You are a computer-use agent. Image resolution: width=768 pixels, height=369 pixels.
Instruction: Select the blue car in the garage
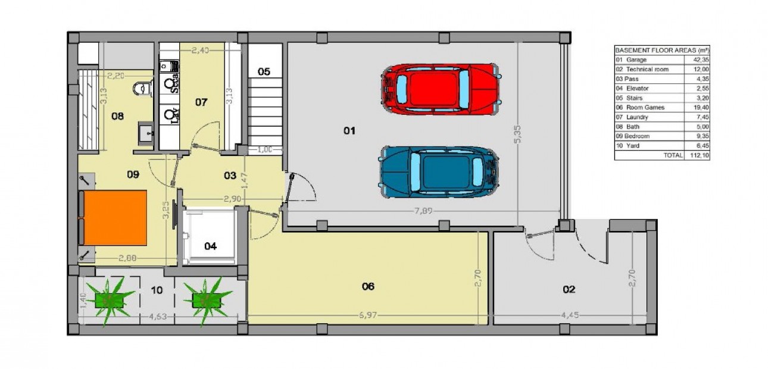439,173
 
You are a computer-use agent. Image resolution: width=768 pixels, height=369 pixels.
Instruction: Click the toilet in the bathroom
140,89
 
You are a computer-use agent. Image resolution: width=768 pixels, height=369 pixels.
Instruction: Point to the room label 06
368,287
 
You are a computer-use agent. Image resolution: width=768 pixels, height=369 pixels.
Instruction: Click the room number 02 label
569,290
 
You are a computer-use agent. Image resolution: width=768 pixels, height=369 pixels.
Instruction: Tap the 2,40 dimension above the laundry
200,51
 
